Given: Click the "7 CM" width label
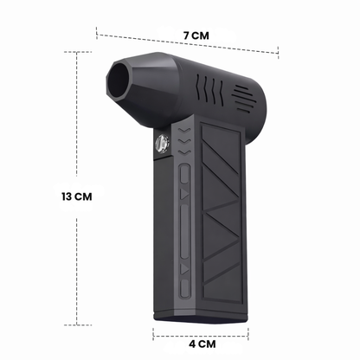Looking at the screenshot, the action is (x=196, y=35).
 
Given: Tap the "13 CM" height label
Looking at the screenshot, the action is (x=77, y=196).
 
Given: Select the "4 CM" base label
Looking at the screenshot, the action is (x=202, y=344).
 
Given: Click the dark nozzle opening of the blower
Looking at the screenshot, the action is (x=119, y=80).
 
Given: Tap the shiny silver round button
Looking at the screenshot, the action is (x=162, y=144).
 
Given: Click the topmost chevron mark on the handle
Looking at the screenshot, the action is (x=184, y=131).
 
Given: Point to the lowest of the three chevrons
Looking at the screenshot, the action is (x=184, y=152).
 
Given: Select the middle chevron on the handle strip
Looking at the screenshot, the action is (x=184, y=142).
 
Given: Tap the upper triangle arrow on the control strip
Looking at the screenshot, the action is (x=184, y=194).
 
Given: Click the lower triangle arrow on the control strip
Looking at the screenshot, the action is (x=184, y=269).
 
